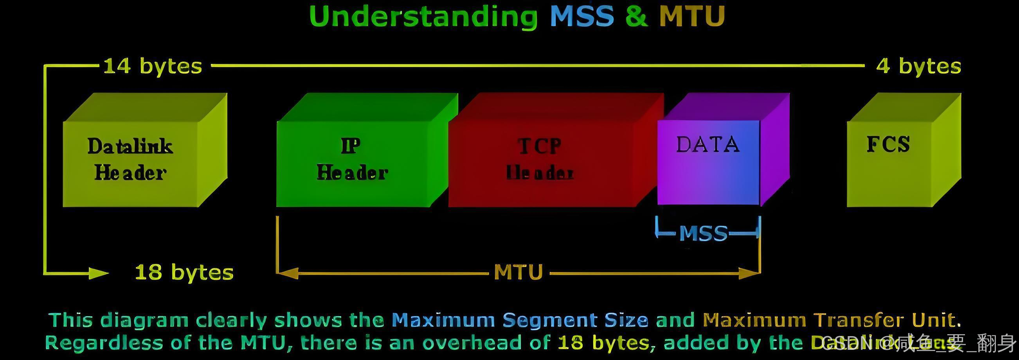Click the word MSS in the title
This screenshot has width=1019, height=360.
[x=582, y=16]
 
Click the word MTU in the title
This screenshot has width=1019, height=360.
[x=692, y=16]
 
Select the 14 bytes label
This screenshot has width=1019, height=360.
[x=153, y=66]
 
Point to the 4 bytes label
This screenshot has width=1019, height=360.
[x=918, y=66]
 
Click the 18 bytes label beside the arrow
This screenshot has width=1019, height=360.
[x=184, y=273]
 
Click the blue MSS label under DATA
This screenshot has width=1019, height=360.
[x=703, y=233]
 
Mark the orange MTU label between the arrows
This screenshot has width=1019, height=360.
[x=518, y=273]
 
